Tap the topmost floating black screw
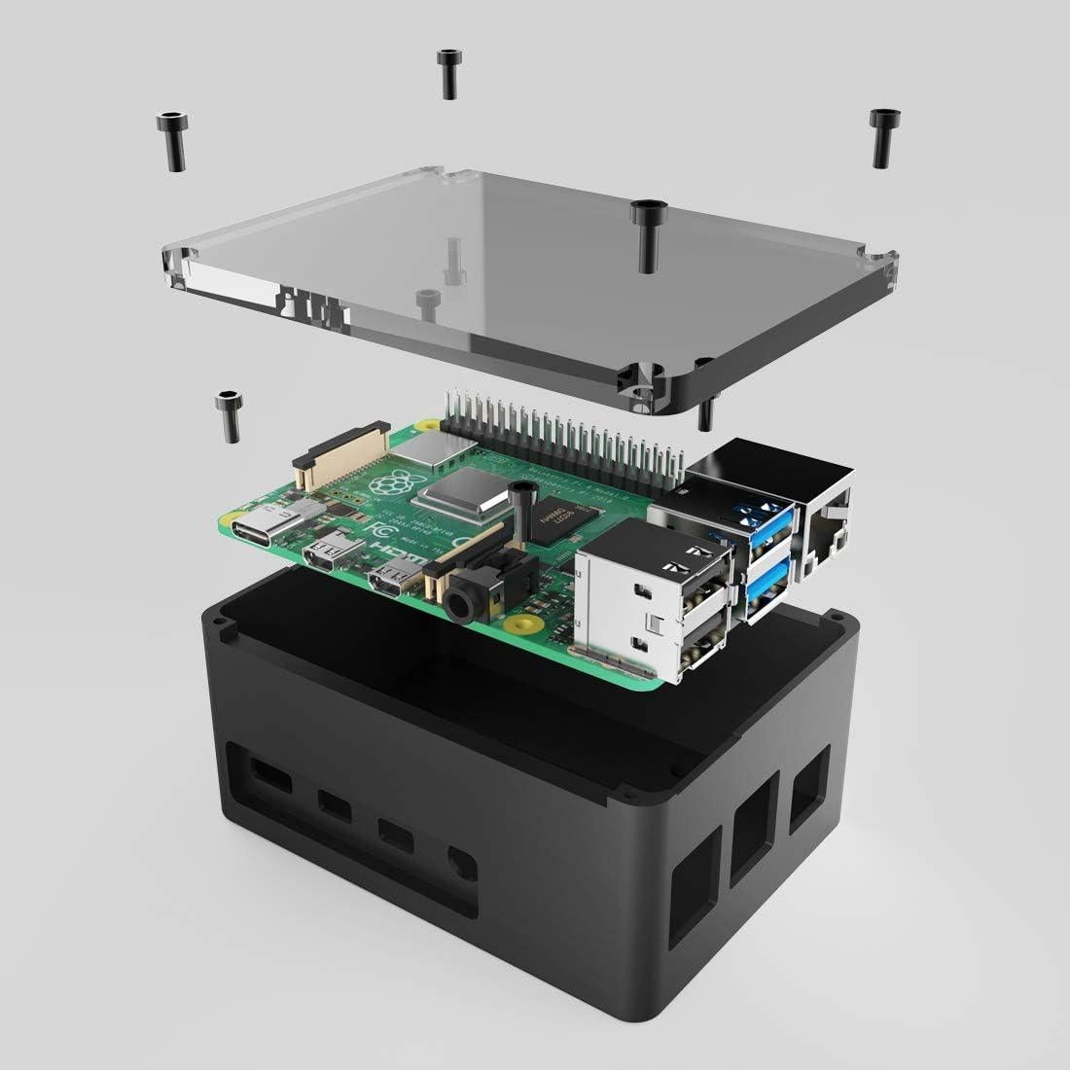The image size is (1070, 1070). click(x=447, y=73)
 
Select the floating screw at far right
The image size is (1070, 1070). click(x=881, y=135)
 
